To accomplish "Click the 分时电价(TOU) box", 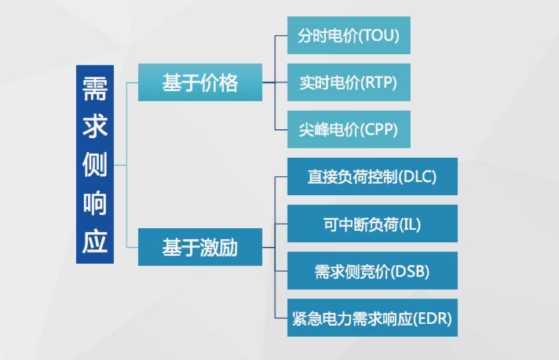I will pos(348,36).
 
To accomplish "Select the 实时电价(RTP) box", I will pos(348,83).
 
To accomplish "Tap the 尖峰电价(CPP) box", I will pos(348,130).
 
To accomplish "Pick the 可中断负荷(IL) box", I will pos(372,224).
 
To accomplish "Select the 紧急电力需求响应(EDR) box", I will pos(372,318).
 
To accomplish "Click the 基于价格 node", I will pos(200,83).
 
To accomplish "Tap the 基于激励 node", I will pos(200,247).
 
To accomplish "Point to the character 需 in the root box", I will pos(95,89).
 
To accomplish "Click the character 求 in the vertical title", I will pos(95,126).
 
